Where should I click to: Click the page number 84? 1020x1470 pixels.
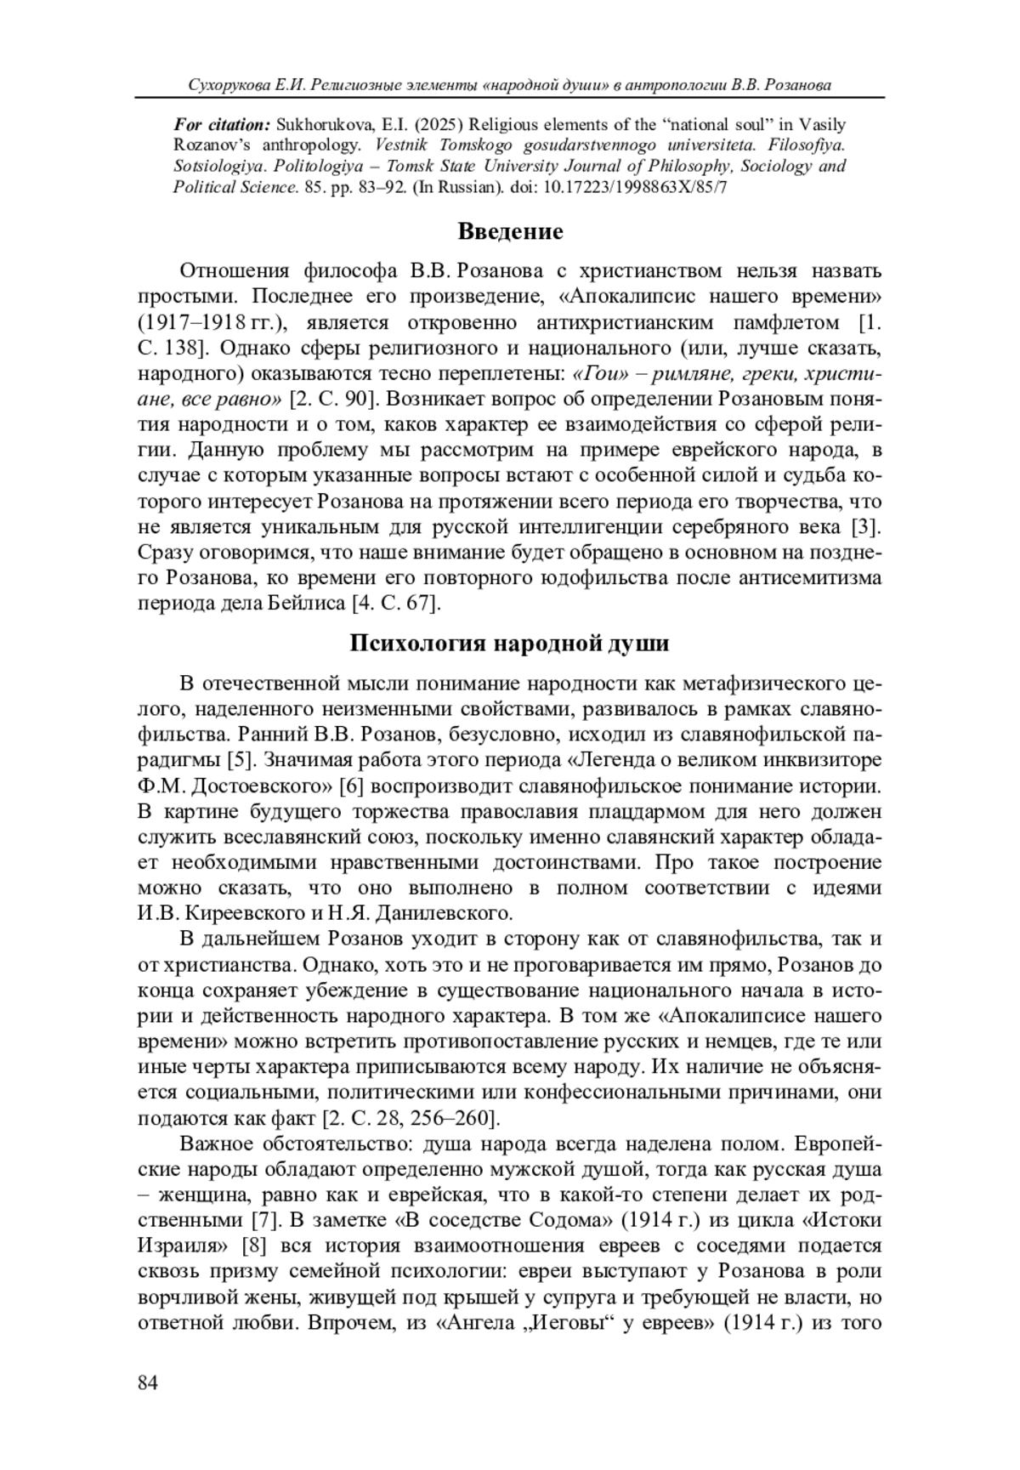pyautogui.click(x=148, y=1383)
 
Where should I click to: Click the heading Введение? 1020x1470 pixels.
pyautogui.click(x=510, y=230)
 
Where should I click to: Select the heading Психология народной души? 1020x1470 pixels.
pyautogui.click(x=509, y=643)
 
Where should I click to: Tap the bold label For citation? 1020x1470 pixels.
pyautogui.click(x=222, y=125)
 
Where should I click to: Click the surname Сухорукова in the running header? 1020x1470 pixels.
pyautogui.click(x=229, y=85)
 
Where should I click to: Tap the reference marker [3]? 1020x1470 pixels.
pyautogui.click(x=864, y=527)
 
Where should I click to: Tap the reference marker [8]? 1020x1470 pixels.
pyautogui.click(x=256, y=1246)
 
